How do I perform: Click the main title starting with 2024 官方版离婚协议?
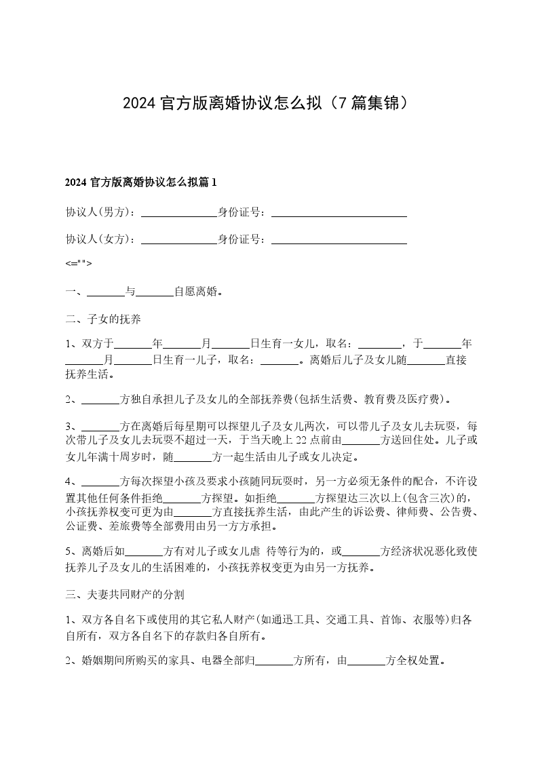[x=268, y=103]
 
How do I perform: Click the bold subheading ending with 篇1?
[x=140, y=182]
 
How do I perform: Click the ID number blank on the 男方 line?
[x=339, y=212]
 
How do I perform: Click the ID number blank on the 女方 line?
[x=339, y=239]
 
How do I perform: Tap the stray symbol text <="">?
[x=79, y=264]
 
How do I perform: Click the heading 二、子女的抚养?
[x=102, y=318]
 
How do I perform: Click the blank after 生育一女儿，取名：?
[x=379, y=345]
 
